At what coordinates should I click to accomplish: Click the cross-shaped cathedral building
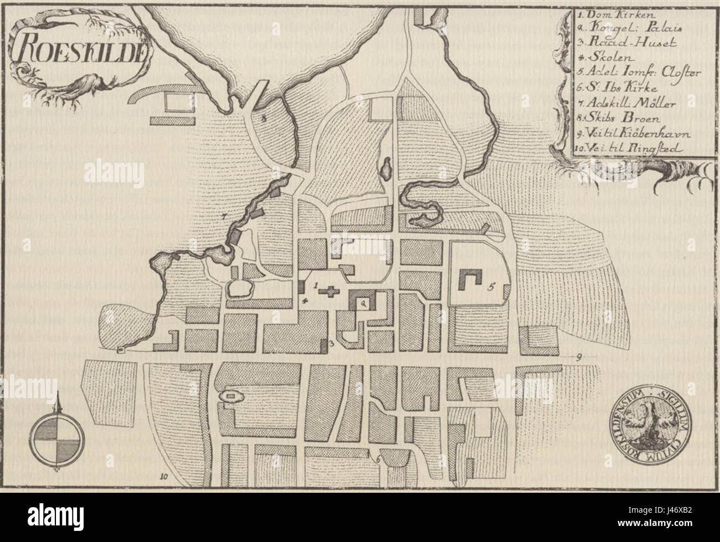(x=331, y=291)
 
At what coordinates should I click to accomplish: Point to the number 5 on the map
(x=491, y=287)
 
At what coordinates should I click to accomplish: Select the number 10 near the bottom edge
(x=163, y=476)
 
